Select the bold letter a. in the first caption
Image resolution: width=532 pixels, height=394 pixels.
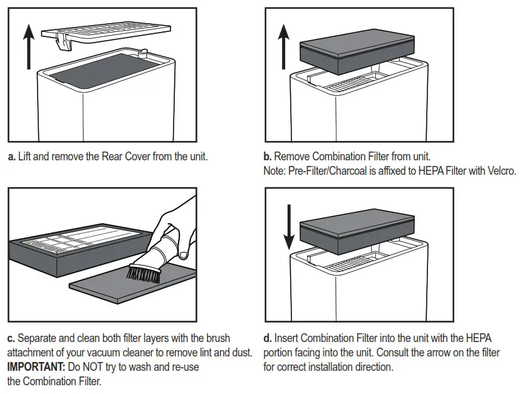pos(11,157)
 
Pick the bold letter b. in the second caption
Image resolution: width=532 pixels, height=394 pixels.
pos(268,157)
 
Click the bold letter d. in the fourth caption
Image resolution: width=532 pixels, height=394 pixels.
pos(268,338)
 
